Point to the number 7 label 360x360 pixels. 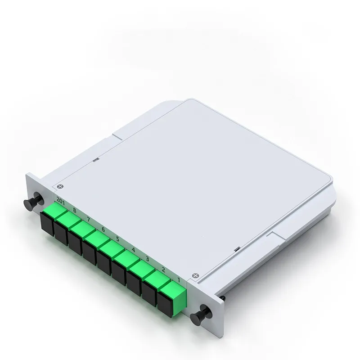89,219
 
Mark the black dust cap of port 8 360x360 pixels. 61,232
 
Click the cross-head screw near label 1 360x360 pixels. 195,275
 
